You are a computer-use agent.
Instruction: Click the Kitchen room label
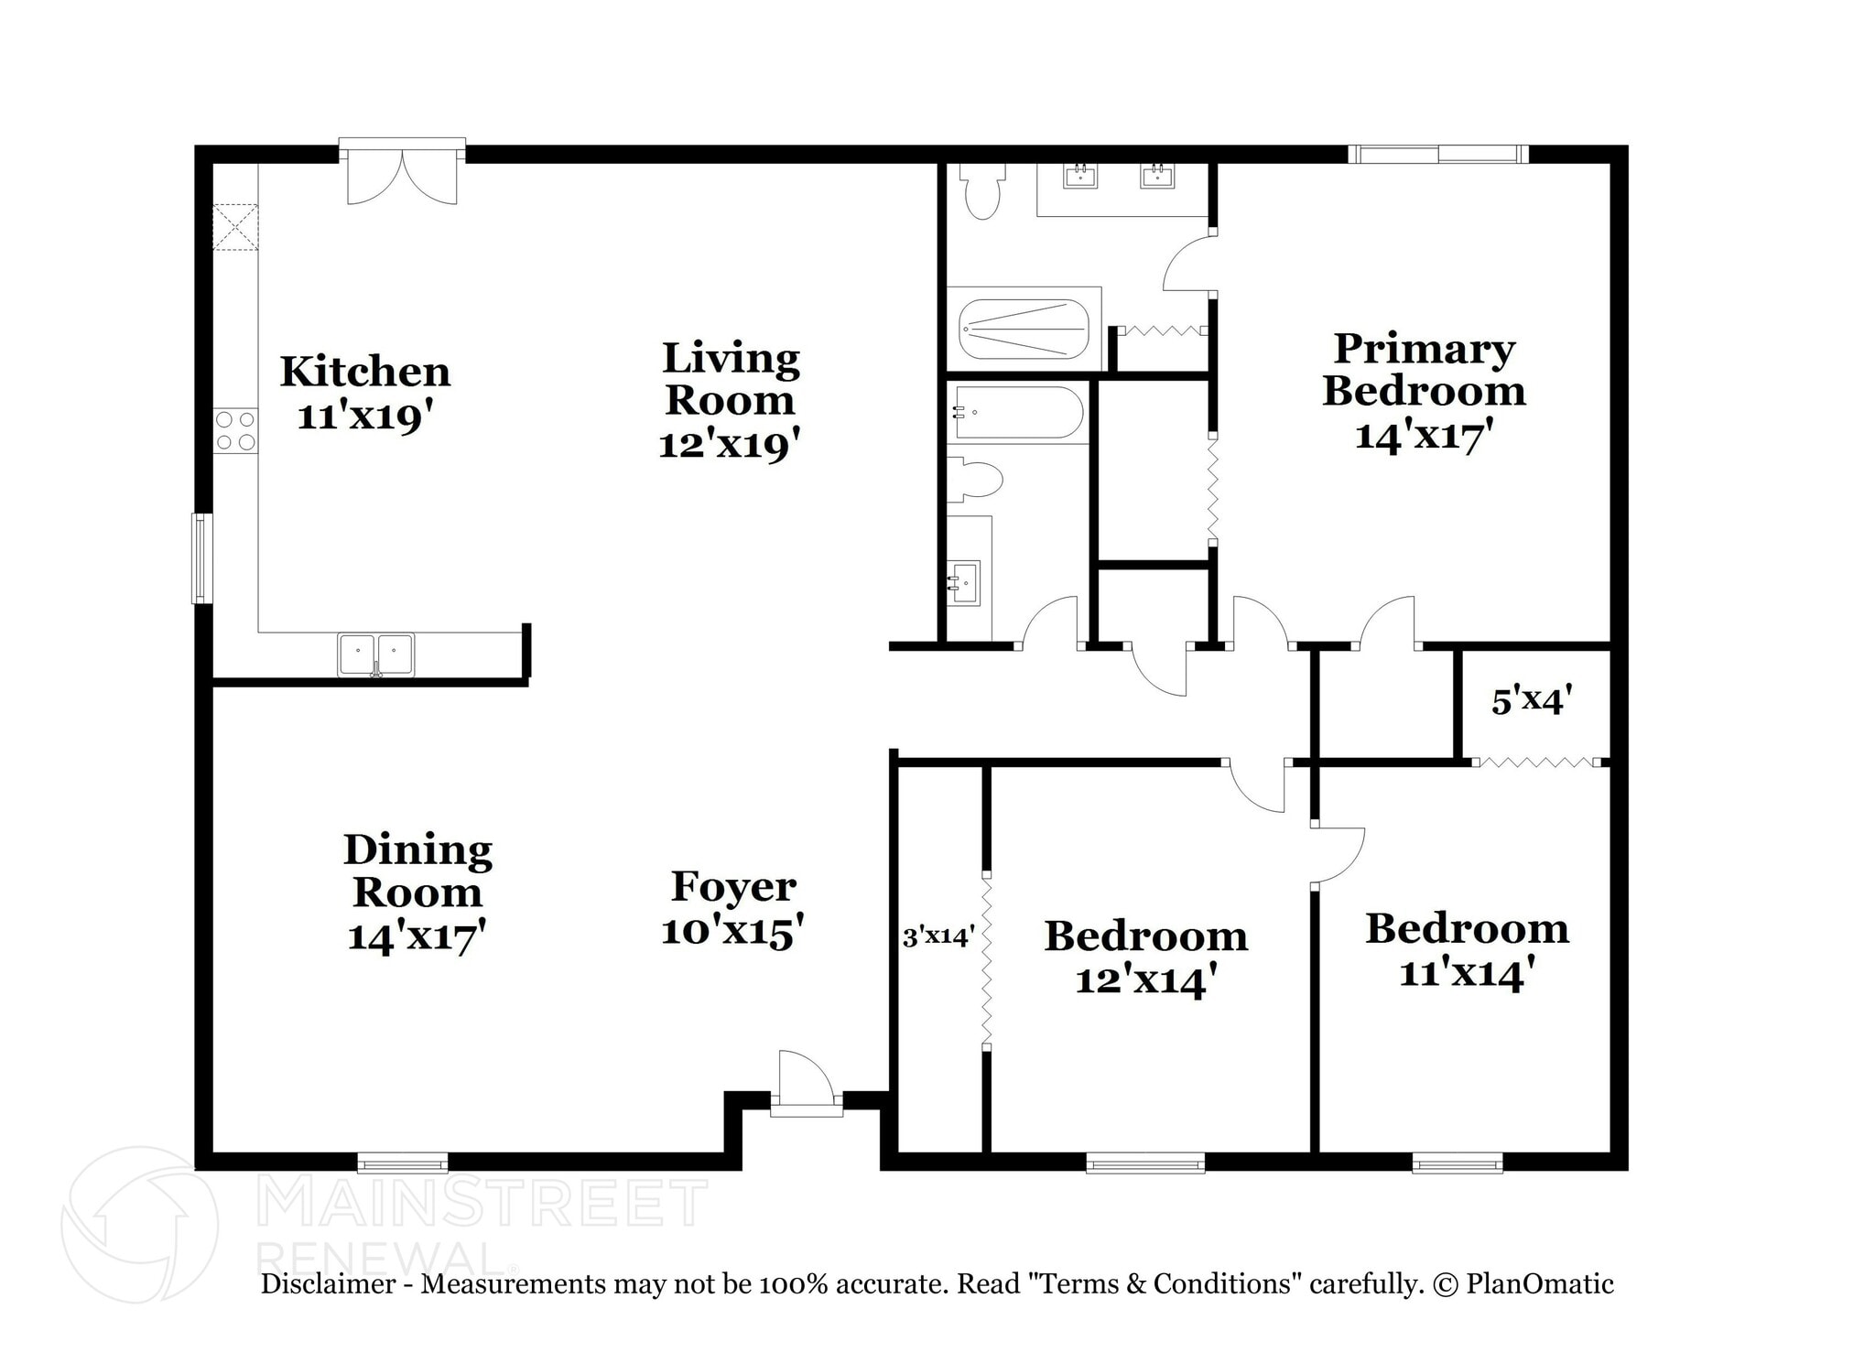364,372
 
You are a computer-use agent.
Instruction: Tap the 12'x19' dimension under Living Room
730,445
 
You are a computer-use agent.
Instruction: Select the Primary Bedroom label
1424,370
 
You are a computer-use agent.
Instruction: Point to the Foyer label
733,886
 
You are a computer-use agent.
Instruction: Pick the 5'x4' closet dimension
1532,701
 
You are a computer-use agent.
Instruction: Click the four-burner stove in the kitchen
235,431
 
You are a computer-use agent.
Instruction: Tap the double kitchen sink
375,654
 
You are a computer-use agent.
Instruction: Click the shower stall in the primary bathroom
1023,329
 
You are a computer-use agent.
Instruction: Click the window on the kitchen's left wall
201,558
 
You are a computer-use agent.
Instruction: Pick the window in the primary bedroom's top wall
1437,154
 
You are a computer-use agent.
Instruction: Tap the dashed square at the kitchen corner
235,227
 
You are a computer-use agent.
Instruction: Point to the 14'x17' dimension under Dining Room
417,936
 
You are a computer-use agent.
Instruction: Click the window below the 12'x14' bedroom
1145,1163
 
